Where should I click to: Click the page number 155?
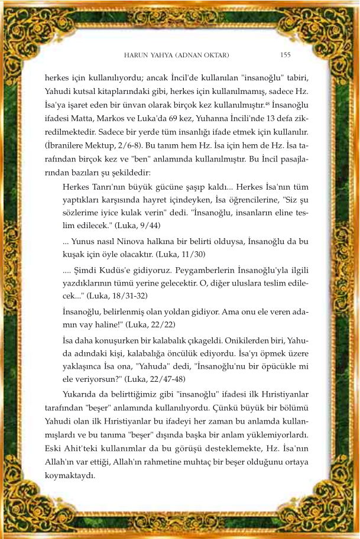tap(285, 54)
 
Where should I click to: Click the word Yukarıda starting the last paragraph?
tap(81, 394)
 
